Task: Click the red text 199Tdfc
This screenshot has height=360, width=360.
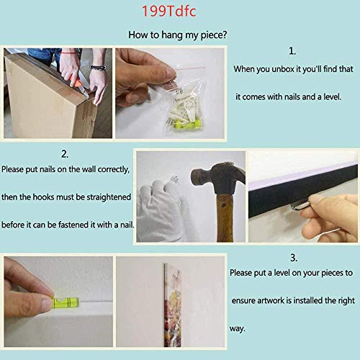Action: pyautogui.click(x=169, y=12)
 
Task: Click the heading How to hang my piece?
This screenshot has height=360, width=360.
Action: pyautogui.click(x=178, y=35)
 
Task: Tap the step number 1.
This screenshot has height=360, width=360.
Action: pyautogui.click(x=292, y=51)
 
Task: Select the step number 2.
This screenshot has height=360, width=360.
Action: pyautogui.click(x=65, y=154)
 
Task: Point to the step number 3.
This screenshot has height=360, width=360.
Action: pyautogui.click(x=294, y=258)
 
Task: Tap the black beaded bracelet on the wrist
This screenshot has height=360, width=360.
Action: pyautogui.click(x=98, y=68)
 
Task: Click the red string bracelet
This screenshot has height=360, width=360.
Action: pyautogui.click(x=69, y=52)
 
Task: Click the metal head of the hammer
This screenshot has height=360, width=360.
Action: pyautogui.click(x=217, y=178)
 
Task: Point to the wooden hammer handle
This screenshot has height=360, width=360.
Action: pyautogui.click(x=225, y=217)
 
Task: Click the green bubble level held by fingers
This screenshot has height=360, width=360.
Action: pyautogui.click(x=66, y=302)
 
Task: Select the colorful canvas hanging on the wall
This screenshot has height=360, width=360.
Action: pyautogui.click(x=173, y=305)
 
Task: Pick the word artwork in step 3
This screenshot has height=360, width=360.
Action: pyautogui.click(x=271, y=300)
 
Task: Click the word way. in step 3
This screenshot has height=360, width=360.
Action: pyautogui.click(x=237, y=329)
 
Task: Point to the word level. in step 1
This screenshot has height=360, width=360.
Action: pyautogui.click(x=333, y=96)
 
